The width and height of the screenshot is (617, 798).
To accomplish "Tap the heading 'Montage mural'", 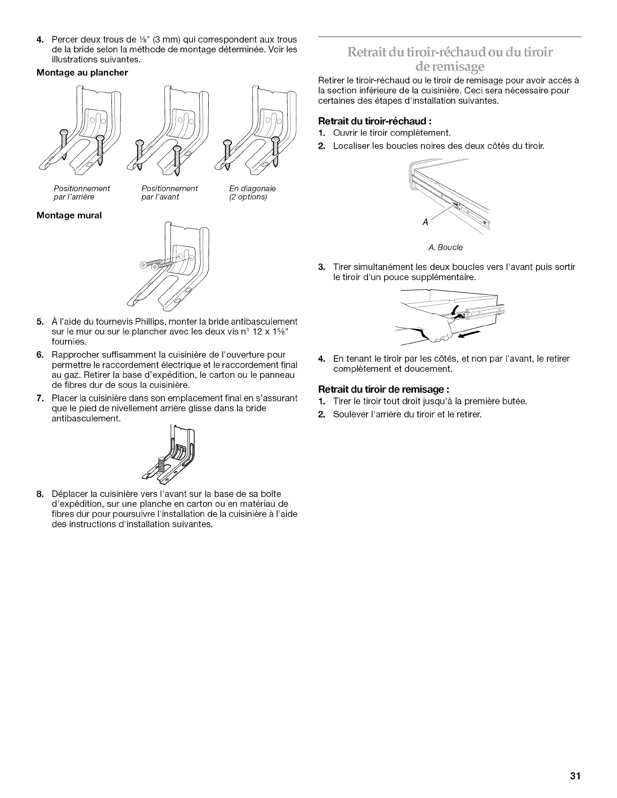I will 69,215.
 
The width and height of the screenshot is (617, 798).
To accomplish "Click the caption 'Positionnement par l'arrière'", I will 82,192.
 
